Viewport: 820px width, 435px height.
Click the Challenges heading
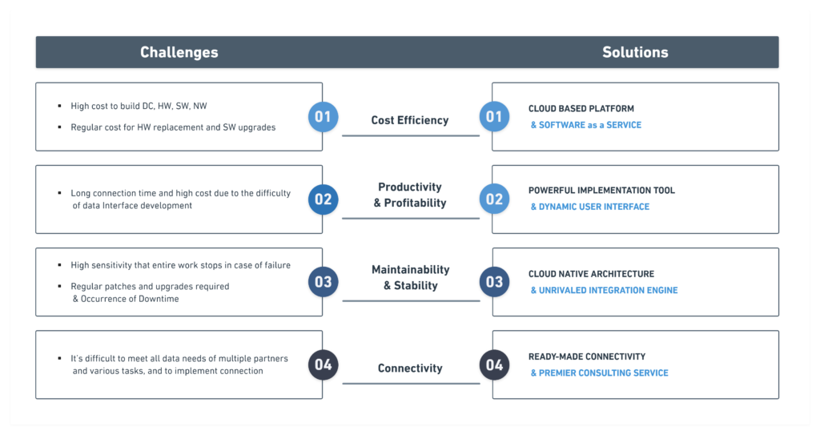(179, 52)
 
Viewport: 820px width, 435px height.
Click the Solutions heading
(635, 52)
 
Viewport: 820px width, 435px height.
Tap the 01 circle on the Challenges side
(323, 117)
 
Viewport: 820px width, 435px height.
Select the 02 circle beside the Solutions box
(494, 199)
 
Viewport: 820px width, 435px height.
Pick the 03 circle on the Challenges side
(323, 282)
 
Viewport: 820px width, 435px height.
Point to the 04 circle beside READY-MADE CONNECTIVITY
(494, 365)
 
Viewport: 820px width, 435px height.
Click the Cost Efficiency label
(410, 120)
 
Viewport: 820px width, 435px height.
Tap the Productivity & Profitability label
(410, 195)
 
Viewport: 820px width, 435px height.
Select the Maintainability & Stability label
(411, 277)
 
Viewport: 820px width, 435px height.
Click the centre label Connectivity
(410, 369)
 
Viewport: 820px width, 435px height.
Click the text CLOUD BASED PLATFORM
(581, 109)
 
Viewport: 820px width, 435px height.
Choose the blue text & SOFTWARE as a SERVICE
(585, 125)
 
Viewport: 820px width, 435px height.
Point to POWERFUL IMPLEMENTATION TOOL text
(601, 191)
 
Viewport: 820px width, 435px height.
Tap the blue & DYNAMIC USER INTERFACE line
(590, 207)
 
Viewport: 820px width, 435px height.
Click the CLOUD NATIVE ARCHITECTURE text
(591, 274)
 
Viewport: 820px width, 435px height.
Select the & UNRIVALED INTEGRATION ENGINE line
(604, 291)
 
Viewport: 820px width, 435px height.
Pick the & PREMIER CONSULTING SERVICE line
(599, 373)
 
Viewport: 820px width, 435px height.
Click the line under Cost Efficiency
(411, 135)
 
